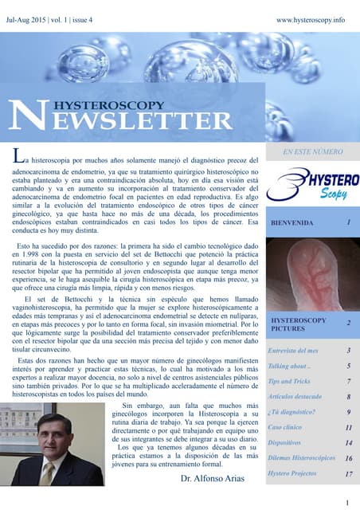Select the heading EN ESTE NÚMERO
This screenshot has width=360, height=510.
pos(312,151)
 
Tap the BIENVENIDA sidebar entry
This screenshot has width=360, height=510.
pos(294,223)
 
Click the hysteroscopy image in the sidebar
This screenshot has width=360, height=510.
pos(312,274)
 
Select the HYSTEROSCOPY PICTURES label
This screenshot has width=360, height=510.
pos(299,324)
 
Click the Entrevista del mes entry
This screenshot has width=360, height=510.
pos(292,351)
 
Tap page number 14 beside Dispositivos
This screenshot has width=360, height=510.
pos(348,443)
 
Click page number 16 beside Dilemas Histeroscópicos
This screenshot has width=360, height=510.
pos(348,458)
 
